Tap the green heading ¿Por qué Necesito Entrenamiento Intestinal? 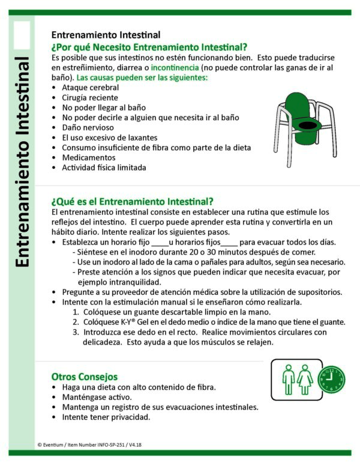click(x=149, y=47)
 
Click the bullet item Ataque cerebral click(x=90, y=88)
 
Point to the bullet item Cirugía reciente click(x=89, y=97)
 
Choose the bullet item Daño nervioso click(x=88, y=127)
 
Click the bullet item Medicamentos click(x=89, y=157)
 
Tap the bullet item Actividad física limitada click(x=104, y=168)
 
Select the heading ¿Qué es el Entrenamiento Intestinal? click(x=132, y=201)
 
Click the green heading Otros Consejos click(x=84, y=377)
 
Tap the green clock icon click(x=335, y=380)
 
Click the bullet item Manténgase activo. click(x=97, y=398)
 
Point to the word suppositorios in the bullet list click(x=320, y=292)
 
